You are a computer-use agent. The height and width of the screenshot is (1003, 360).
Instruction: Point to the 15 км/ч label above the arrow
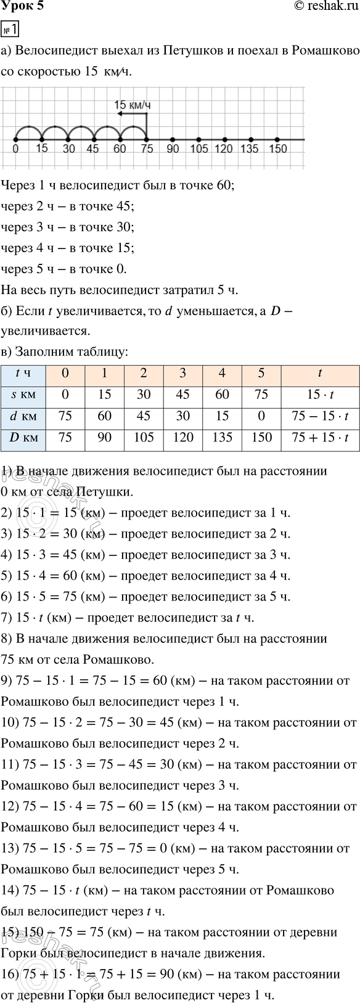pyautogui.click(x=132, y=105)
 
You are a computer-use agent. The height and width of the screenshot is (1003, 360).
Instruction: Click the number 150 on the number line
pyautogui.click(x=278, y=149)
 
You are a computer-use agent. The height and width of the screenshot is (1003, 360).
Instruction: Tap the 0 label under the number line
pyautogui.click(x=15, y=149)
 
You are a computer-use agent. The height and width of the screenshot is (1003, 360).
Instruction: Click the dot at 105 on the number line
pyautogui.click(x=198, y=139)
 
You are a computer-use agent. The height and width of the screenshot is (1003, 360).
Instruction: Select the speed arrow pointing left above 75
pyautogui.click(x=132, y=114)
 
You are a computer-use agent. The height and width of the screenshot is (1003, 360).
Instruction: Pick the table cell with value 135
pyautogui.click(x=223, y=438)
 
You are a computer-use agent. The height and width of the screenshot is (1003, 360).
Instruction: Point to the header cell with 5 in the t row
pyautogui.click(x=261, y=373)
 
